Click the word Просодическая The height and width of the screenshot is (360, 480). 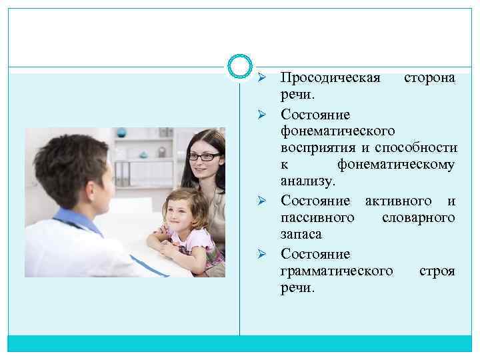coord(330,78)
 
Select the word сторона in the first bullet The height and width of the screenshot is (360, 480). coord(430,78)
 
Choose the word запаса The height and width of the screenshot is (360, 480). coord(301,235)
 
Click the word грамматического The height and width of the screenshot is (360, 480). coord(337,271)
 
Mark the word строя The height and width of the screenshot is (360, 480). coord(437,271)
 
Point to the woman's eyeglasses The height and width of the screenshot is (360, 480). coord(203,156)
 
